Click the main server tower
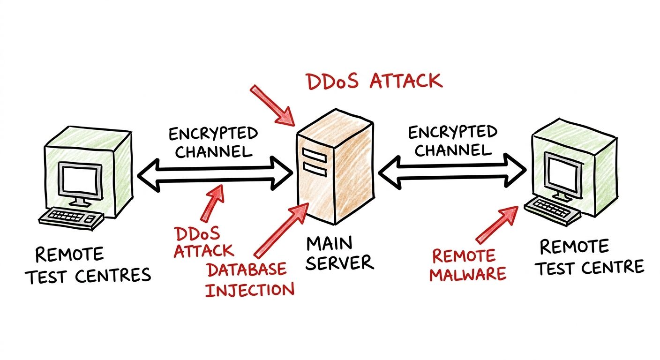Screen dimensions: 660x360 click(335, 167)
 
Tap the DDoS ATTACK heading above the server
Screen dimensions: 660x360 click(374, 81)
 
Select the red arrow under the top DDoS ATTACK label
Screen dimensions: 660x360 click(273, 106)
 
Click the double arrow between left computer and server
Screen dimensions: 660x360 click(215, 174)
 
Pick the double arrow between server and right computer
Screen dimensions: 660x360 click(452, 171)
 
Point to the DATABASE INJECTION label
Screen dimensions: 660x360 click(249, 279)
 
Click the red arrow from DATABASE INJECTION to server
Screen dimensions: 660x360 click(281, 231)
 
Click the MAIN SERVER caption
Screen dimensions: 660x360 click(340, 253)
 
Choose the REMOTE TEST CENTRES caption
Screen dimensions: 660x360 click(88, 265)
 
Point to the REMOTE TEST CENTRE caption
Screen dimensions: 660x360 click(590, 258)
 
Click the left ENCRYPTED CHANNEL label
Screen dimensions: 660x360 click(213, 143)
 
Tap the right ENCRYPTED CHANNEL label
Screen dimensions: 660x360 click(452, 141)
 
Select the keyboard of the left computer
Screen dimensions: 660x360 click(71, 218)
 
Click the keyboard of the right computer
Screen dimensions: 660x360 click(552, 210)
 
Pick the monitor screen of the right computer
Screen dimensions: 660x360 click(563, 174)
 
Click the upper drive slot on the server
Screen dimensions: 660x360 click(315, 155)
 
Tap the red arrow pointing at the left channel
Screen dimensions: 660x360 click(212, 202)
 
